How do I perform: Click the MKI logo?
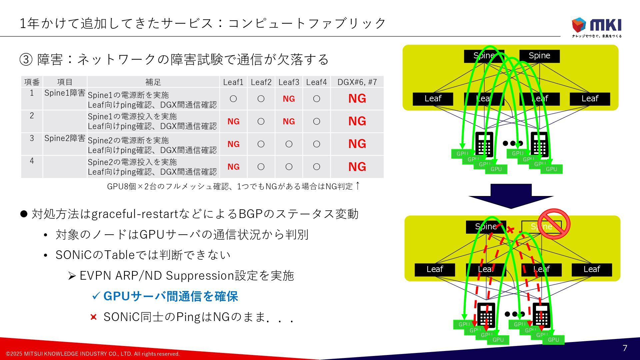pyautogui.click(x=597, y=27)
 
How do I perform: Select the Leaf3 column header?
pyautogui.click(x=289, y=82)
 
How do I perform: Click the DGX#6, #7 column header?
pyautogui.click(x=357, y=82)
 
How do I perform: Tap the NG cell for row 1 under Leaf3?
pyautogui.click(x=289, y=99)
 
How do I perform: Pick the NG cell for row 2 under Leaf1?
pyautogui.click(x=233, y=122)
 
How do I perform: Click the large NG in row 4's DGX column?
pyautogui.click(x=357, y=167)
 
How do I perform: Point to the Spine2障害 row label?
pyautogui.click(x=65, y=138)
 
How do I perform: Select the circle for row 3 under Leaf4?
pyautogui.click(x=316, y=144)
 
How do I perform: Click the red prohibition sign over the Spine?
pyautogui.click(x=554, y=224)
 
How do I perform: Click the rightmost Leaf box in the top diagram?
pyautogui.click(x=590, y=99)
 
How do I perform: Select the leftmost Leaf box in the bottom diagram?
pyautogui.click(x=435, y=269)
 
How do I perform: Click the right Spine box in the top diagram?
pyautogui.click(x=539, y=56)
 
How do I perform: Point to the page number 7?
pyautogui.click(x=625, y=348)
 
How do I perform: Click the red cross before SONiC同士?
pyautogui.click(x=94, y=317)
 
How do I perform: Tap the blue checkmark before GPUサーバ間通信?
pyautogui.click(x=96, y=296)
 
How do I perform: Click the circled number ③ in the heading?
pyautogui.click(x=26, y=60)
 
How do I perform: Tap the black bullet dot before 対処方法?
pyautogui.click(x=24, y=214)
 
